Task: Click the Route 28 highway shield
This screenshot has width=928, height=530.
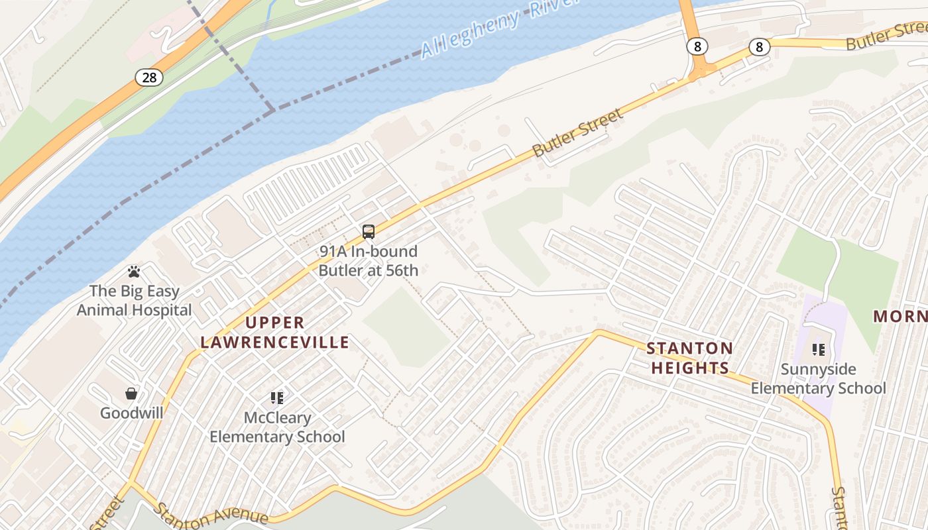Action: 149,78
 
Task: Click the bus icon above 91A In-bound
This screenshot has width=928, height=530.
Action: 369,232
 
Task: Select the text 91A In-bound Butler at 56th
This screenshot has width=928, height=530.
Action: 369,261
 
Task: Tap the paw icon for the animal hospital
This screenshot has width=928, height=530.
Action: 134,272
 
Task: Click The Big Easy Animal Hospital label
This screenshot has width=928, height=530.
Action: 134,300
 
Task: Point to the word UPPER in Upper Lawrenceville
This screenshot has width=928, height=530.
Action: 275,323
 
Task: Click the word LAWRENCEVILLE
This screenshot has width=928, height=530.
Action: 275,343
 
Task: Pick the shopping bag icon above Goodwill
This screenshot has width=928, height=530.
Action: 131,394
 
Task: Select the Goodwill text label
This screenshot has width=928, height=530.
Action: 131,413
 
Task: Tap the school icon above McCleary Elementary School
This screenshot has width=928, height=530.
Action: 276,398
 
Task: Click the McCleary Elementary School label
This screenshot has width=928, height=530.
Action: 277,427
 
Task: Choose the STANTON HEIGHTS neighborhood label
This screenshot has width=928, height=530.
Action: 689,358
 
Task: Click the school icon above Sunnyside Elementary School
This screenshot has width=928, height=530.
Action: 819,349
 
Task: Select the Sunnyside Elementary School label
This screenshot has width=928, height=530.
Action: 818,378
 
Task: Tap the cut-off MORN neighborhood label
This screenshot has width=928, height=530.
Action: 899,316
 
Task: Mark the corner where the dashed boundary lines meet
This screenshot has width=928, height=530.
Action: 272,110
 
